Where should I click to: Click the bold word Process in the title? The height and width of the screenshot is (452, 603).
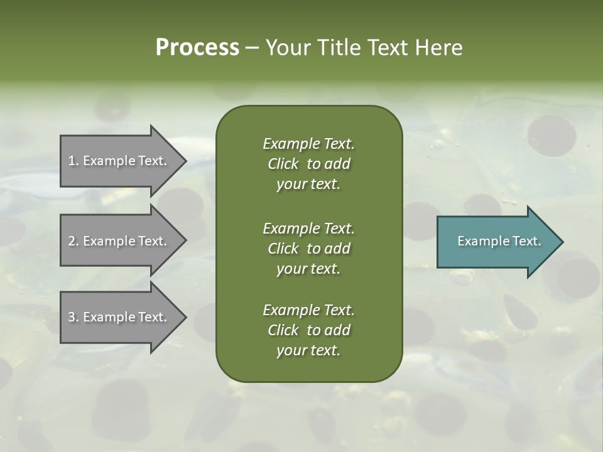tap(197, 47)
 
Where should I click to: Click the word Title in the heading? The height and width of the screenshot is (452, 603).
tap(339, 47)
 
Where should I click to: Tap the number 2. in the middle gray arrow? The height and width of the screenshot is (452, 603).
tap(73, 241)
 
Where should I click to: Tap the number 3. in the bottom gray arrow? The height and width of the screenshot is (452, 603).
tap(73, 317)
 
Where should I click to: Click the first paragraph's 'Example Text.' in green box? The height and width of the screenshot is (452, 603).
tap(308, 144)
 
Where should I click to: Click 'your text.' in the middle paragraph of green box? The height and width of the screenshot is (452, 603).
tap(308, 269)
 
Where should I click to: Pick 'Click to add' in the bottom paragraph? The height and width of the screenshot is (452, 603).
tap(308, 330)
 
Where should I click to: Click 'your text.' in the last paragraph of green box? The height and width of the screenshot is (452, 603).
tap(308, 350)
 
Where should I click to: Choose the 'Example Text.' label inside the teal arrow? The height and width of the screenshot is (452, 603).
tap(499, 241)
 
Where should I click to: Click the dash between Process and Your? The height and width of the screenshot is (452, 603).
tap(252, 48)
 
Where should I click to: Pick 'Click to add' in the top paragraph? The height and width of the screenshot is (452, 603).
tap(308, 164)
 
